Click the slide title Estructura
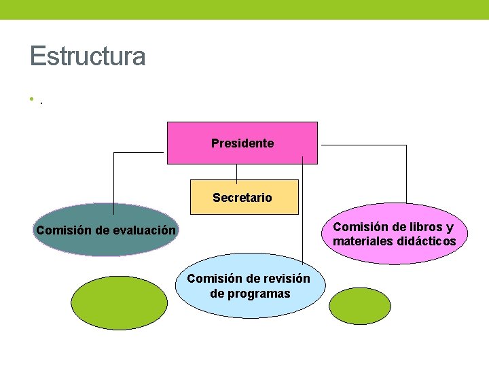[88, 56]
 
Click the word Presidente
[242, 143]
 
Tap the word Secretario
[242, 198]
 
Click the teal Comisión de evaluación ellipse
[105, 245]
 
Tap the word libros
[420, 227]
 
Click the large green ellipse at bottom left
[120, 302]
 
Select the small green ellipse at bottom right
[359, 307]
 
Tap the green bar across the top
[244, 10]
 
